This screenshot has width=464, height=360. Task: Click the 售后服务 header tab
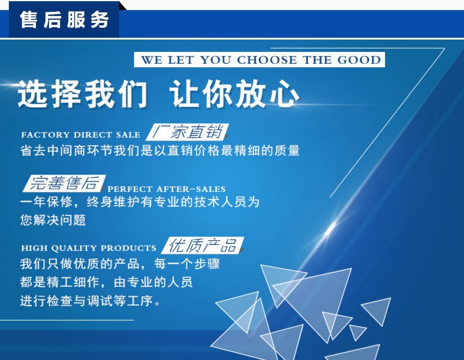click(x=64, y=19)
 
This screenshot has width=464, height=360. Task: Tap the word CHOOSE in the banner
click(x=266, y=60)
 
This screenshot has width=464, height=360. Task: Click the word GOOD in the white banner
click(x=359, y=60)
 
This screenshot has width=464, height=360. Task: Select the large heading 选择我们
click(x=83, y=94)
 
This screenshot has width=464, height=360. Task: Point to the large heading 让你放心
click(x=235, y=94)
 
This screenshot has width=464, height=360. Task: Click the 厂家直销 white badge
click(x=187, y=132)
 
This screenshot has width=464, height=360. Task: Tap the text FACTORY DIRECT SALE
click(x=81, y=135)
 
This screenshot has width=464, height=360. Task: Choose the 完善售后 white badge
click(x=64, y=183)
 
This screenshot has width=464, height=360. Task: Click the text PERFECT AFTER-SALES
click(x=166, y=189)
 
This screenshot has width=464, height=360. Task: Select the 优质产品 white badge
click(x=203, y=246)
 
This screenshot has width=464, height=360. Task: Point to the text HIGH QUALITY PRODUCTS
click(x=88, y=248)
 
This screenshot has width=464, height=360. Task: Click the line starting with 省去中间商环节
click(x=160, y=150)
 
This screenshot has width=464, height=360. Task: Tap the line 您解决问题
click(x=53, y=220)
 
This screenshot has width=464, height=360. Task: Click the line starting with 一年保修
click(x=140, y=202)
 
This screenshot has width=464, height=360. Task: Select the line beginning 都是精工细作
click(x=106, y=282)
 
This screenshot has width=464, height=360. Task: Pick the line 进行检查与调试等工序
click(x=90, y=301)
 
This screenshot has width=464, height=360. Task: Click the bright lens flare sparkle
click(x=331, y=228)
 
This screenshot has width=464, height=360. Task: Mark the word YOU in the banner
click(x=215, y=60)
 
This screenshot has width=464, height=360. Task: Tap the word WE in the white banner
click(x=151, y=60)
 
